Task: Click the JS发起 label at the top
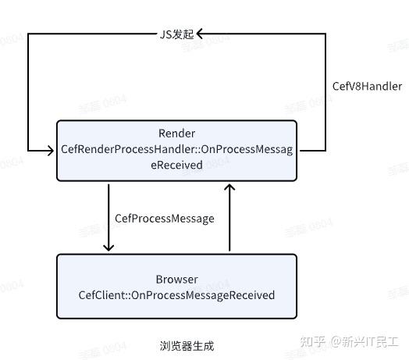tap(175, 34)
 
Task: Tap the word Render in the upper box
tap(176, 134)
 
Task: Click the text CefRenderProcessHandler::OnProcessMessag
tap(176, 149)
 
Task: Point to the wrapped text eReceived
tap(176, 165)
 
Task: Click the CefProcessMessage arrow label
tap(164, 219)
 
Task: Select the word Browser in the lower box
tap(176, 279)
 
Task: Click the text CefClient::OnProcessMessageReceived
tap(176, 295)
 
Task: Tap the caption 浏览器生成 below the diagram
tap(186, 344)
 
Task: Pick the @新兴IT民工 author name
tap(364, 342)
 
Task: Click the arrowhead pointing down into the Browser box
tap(109, 247)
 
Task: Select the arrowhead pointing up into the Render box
tap(229, 187)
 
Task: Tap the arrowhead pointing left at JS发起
tap(200, 34)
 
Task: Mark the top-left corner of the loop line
tap(27, 34)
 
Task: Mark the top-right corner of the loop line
tap(325, 34)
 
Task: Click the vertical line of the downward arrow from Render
tap(109, 215)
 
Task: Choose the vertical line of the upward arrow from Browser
tap(229, 223)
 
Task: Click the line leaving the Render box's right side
tap(312, 150)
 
